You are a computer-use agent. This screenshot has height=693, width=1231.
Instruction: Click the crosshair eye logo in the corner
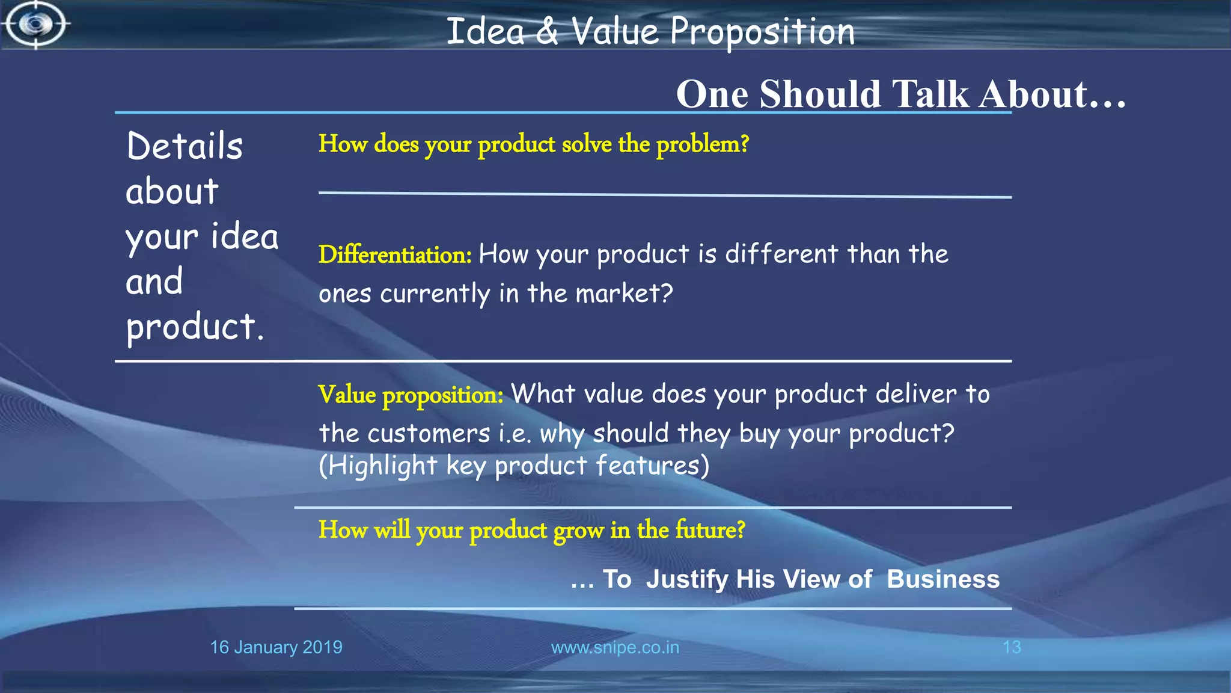tap(35, 25)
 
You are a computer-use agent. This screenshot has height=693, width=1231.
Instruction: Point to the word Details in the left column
tap(185, 146)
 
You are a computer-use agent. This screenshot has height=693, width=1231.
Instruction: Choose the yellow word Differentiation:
tap(395, 254)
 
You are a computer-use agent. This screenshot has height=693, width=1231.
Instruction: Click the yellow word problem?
tap(702, 144)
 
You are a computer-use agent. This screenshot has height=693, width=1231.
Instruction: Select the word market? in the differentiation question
tap(624, 294)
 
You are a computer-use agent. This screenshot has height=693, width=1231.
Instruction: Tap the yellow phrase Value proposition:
tap(411, 395)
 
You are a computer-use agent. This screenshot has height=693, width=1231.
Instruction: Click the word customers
tap(429, 433)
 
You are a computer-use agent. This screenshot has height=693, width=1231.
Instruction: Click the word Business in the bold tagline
tap(942, 579)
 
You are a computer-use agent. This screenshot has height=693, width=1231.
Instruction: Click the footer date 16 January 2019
tap(276, 647)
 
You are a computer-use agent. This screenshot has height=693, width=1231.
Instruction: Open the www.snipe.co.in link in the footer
tap(615, 647)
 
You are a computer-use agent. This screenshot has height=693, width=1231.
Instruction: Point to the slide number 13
tap(1012, 647)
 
